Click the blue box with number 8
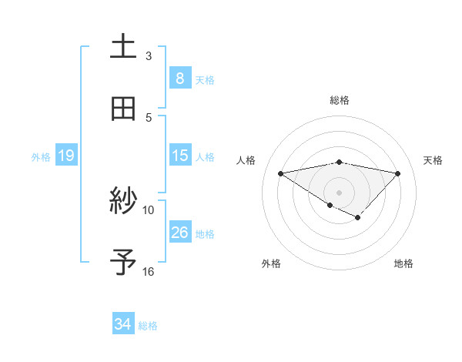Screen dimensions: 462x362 [x=179, y=78]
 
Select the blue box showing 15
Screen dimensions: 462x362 [x=179, y=156]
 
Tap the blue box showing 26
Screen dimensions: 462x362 [x=179, y=233]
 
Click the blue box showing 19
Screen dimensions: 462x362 [x=65, y=156]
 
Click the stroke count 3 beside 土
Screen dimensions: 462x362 [x=149, y=56]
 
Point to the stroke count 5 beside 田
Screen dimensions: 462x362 [x=149, y=117]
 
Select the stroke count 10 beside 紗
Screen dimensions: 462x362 [x=149, y=209]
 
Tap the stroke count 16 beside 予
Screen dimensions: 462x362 [x=149, y=271]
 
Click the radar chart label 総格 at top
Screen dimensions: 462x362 [x=340, y=100]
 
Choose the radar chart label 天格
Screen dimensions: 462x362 [x=434, y=160]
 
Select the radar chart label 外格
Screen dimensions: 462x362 [x=271, y=263]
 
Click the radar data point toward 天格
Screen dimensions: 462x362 [x=397, y=173]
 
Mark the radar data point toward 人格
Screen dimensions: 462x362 [x=281, y=173]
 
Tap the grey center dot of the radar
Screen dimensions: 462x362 [x=340, y=192]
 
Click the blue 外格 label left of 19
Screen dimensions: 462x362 [x=41, y=156]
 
